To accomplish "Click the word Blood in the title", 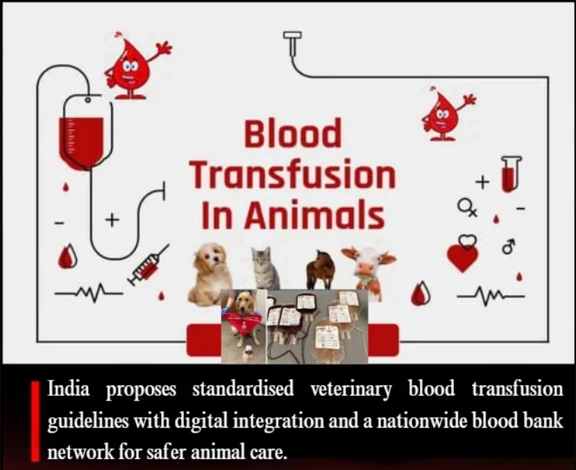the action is click(293, 133).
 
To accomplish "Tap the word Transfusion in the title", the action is click(293, 174).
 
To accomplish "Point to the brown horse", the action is click(321, 269).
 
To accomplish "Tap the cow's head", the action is click(369, 262).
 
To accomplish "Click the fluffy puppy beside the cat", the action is click(210, 274).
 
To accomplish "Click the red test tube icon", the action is click(511, 174).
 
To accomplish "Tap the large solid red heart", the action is click(462, 258).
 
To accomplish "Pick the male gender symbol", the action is click(509, 246).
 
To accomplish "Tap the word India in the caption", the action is click(68, 389).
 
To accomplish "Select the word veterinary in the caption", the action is click(351, 389).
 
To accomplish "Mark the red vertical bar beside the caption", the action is click(35, 421).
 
